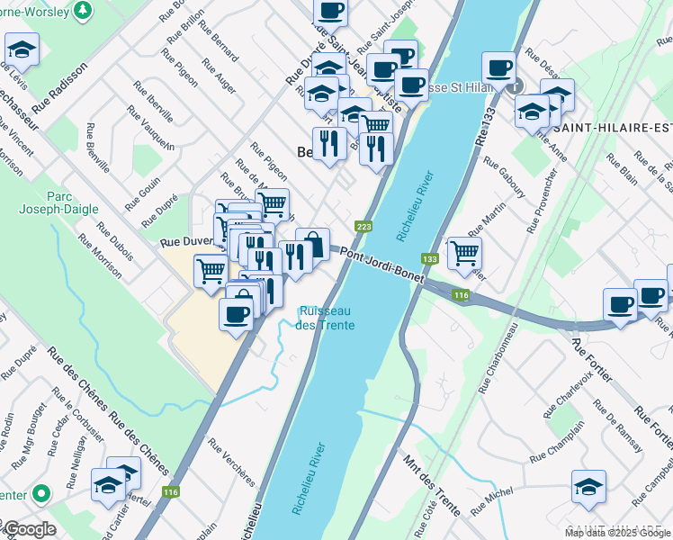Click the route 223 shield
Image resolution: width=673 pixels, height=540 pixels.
[x=363, y=227]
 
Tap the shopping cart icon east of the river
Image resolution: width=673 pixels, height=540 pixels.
[x=464, y=253]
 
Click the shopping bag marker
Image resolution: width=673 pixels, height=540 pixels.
[x=312, y=244]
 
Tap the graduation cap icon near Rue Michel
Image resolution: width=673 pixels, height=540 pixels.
[x=588, y=486]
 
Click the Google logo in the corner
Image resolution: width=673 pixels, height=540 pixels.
[x=29, y=529]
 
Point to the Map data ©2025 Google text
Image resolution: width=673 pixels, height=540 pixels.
[x=617, y=533]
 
